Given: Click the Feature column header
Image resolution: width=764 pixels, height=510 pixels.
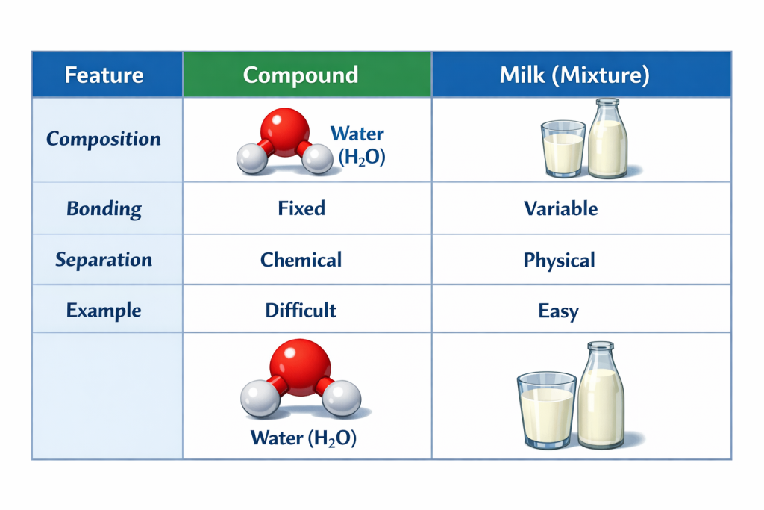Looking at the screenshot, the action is point(104,75).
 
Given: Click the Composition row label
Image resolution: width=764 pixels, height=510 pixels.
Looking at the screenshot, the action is point(103,139).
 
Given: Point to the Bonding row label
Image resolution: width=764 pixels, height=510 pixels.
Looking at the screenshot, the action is point(104,208).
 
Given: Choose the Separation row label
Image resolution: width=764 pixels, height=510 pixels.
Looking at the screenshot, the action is point(104,259).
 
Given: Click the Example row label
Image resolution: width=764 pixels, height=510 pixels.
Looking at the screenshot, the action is point(104,311).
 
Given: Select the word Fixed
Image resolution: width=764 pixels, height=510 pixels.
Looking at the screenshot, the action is point(301,208).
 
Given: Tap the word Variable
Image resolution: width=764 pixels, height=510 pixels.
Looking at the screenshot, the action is point(561,208).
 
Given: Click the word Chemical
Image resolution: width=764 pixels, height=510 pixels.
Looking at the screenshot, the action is point(301,260).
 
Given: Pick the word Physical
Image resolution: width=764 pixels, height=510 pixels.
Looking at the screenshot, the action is point(560,261).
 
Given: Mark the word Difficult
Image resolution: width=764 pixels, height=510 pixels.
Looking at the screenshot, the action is point(301,310).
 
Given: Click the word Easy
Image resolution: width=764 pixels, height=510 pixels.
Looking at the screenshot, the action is point(558,311).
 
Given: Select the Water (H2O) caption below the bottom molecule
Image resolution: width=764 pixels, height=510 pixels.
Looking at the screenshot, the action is point(304,438).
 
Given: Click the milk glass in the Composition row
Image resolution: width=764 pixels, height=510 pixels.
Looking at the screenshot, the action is point(563,149).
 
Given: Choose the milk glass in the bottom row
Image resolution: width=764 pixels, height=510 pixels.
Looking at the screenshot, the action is point(547,410).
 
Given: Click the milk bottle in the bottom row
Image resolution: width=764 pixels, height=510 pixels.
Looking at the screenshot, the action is point(601,396).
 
